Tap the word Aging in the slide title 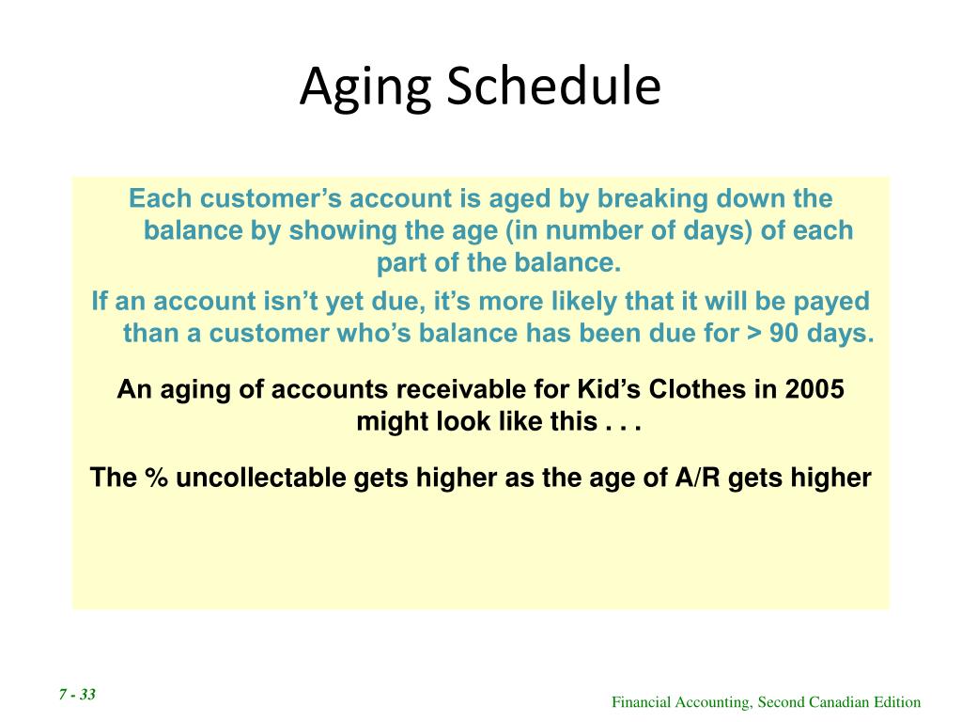[365, 89]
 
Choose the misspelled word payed [831, 303]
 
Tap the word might [393, 422]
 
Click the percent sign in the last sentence [156, 478]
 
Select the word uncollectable [261, 478]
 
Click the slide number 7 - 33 [77, 695]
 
